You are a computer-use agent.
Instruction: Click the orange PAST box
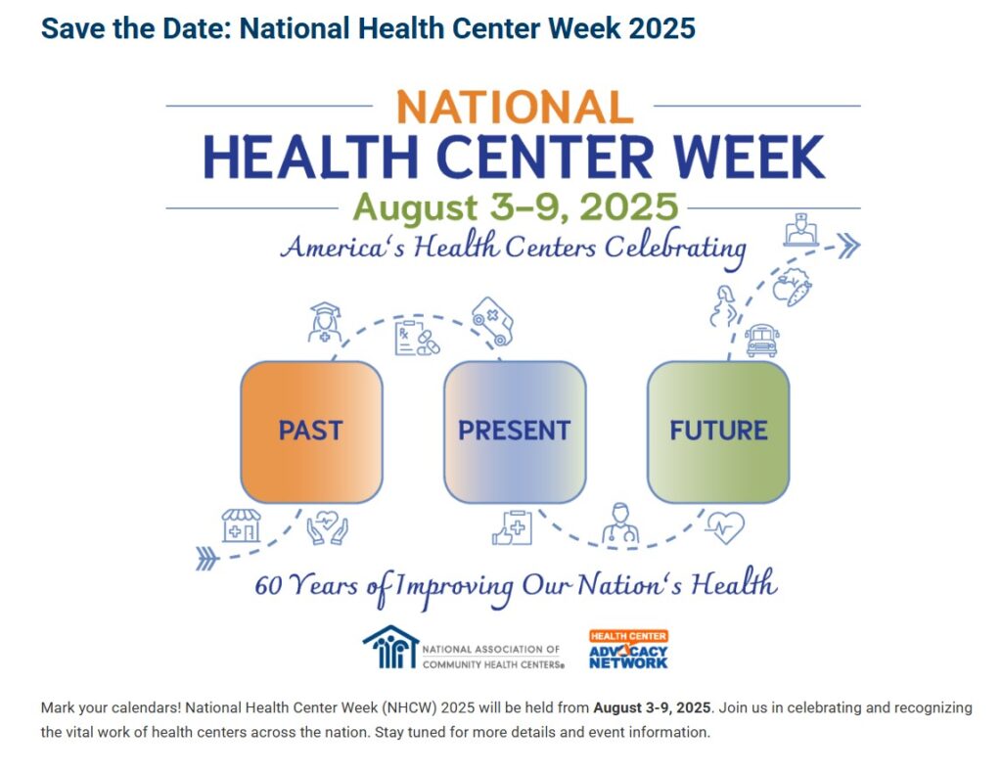pos(311,433)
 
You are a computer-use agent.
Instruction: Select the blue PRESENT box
pos(515,433)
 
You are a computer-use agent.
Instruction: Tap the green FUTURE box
pos(718,433)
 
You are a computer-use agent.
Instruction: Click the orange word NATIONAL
pos(515,107)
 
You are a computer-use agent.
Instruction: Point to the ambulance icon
pos(492,321)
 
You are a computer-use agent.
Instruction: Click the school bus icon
pos(762,340)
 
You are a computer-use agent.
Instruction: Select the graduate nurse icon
pos(325,323)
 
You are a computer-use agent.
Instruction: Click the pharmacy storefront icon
pos(241,525)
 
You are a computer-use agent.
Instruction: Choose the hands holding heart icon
pos(327,527)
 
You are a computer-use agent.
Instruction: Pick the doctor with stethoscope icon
pos(619,524)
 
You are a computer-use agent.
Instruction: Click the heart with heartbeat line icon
pos(725,527)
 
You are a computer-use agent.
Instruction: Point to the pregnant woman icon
pos(724,306)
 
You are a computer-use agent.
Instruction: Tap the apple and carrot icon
pos(792,287)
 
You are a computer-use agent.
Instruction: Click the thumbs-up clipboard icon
pos(512,528)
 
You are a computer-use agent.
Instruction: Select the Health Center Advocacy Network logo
pos(628,650)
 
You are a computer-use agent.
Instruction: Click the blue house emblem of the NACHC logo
pos(390,647)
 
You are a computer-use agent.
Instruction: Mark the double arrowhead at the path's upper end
pos(848,246)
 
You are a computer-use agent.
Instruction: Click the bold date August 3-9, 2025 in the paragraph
pos(652,707)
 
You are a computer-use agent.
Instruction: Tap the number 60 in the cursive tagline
pos(268,585)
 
